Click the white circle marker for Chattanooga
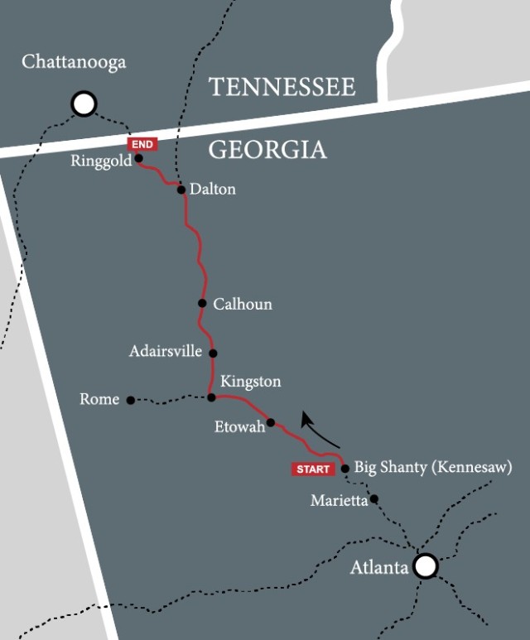coord(84,104)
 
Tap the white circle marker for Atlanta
coord(425,565)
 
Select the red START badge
coord(313,469)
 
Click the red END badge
coord(142,144)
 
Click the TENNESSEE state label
coord(282,87)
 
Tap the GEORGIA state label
coord(267,150)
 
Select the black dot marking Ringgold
coord(139,158)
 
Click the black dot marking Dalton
coord(181,190)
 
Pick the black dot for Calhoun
coord(202,303)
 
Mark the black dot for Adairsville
coord(213,353)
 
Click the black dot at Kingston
coord(211,397)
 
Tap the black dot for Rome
coord(130,400)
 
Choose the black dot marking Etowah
coord(270,422)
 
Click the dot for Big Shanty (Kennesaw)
coord(344,469)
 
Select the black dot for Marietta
coord(374,499)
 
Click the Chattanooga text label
coord(74,63)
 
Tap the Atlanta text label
coord(379,567)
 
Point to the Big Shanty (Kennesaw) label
coord(433,467)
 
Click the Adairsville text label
coord(166,352)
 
